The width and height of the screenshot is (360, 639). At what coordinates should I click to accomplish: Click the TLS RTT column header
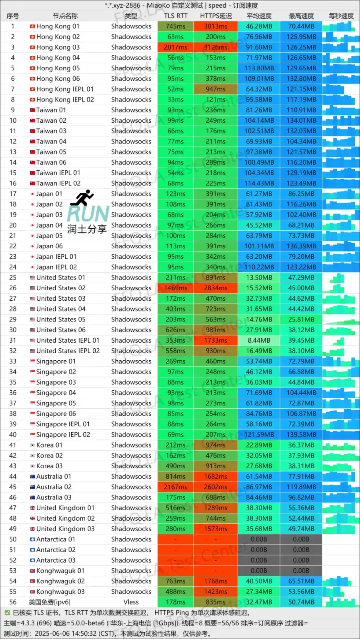[176, 16]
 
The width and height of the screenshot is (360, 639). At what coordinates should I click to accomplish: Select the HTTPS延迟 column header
[216, 16]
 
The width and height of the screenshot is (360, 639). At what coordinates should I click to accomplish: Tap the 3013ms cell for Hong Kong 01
[216, 26]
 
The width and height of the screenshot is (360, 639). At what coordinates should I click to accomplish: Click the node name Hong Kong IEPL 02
[65, 100]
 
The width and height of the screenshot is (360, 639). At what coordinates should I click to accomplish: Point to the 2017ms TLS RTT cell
[176, 47]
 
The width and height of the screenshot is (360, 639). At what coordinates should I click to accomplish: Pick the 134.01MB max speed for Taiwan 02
[301, 120]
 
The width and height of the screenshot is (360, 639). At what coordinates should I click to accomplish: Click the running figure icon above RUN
[84, 198]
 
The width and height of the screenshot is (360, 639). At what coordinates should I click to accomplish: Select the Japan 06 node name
[49, 246]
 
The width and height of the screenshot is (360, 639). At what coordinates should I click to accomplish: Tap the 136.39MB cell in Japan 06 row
[301, 246]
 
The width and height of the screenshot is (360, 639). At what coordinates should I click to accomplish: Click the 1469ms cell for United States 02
[176, 288]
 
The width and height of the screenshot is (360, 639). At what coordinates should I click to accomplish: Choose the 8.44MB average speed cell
[259, 340]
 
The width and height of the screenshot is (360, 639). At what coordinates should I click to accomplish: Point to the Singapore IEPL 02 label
[63, 435]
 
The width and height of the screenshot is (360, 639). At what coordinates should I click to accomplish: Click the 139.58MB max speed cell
[301, 435]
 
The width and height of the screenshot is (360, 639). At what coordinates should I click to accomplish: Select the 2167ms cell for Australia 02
[176, 487]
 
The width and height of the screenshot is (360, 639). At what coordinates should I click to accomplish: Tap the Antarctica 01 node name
[56, 539]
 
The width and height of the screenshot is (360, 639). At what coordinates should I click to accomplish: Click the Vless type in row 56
[131, 602]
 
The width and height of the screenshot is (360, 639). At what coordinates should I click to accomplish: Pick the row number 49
[13, 529]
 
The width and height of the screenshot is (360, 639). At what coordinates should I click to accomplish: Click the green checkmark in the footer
[7, 613]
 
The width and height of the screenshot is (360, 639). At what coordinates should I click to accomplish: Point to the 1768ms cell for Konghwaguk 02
[216, 581]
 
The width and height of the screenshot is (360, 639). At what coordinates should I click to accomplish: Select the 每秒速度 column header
[341, 16]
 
